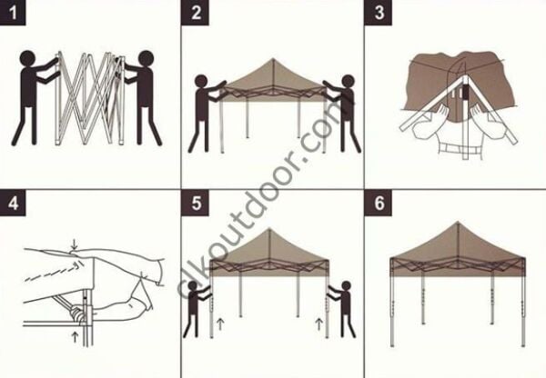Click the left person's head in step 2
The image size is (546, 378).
202,82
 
